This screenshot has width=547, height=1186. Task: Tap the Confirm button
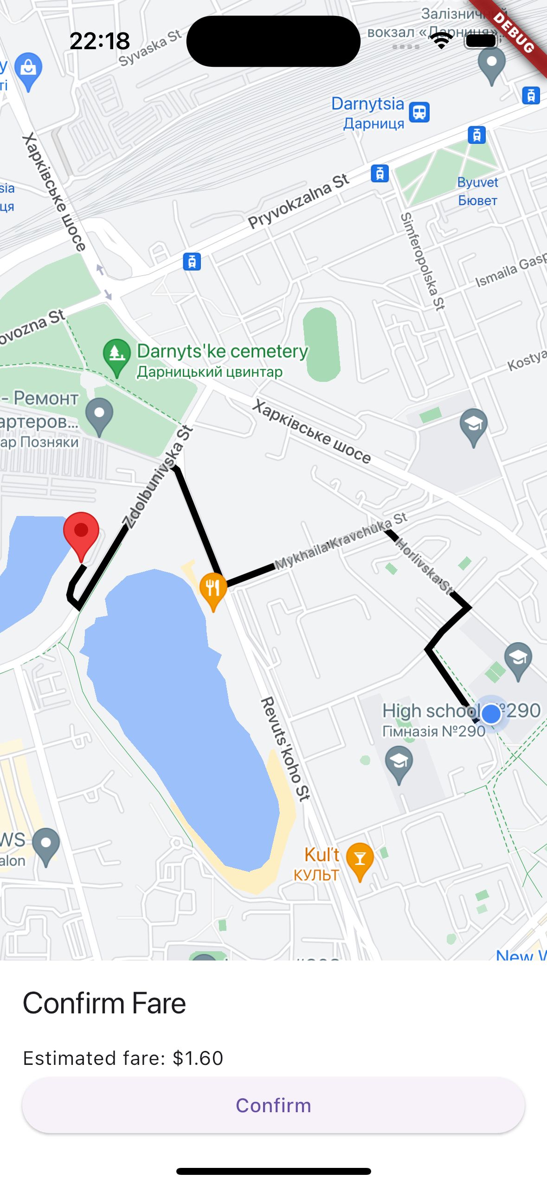[x=273, y=1105]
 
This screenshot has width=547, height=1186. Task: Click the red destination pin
[x=81, y=532]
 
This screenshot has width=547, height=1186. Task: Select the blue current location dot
[x=491, y=714]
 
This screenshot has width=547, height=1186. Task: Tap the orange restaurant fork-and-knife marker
[x=213, y=588]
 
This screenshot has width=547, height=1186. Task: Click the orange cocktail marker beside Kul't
[x=360, y=859]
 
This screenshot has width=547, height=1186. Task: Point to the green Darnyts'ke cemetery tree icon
[x=116, y=354]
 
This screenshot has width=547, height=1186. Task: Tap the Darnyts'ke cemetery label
[x=222, y=352]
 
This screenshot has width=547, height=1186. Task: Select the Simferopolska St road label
[x=423, y=261]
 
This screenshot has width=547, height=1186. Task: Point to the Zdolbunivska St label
[x=157, y=477]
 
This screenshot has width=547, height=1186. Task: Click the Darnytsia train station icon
[x=419, y=112]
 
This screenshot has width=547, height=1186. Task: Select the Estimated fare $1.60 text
[x=123, y=1058]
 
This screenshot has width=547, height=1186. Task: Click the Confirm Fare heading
[x=104, y=1003]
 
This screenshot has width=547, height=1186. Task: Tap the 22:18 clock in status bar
[x=100, y=41]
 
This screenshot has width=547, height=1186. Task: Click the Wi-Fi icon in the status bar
[x=442, y=41]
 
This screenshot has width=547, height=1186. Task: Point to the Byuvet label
[x=477, y=182]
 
